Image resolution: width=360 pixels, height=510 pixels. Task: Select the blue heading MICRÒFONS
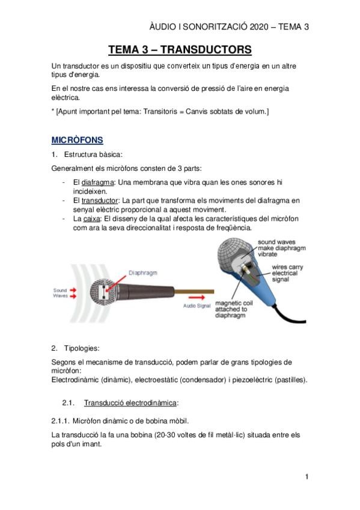(x=77, y=140)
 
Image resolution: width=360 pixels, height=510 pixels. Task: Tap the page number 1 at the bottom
(x=307, y=477)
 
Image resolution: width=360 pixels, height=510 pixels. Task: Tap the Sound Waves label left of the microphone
(x=61, y=292)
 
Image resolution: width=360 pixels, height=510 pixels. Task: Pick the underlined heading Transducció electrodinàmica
(x=132, y=402)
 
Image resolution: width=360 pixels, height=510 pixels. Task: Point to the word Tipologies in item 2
(x=84, y=348)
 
